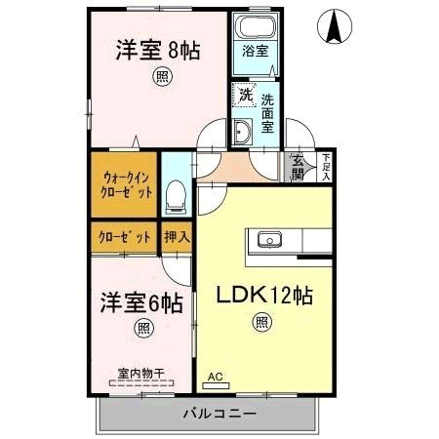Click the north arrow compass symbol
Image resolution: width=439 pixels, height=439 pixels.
[335, 26]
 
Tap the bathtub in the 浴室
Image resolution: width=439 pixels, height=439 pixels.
[256, 27]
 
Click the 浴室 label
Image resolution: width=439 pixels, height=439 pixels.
[256, 51]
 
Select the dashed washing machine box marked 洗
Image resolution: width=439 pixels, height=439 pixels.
[245, 95]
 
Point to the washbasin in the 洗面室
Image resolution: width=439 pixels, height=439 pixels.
[243, 132]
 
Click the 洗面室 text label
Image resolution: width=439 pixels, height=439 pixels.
[267, 113]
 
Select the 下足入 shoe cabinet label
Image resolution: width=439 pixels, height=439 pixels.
[326, 167]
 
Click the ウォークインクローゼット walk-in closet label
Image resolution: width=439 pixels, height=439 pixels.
[126, 185]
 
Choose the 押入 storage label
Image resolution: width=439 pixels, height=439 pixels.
[177, 237]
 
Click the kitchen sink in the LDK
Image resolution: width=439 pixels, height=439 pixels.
[269, 240]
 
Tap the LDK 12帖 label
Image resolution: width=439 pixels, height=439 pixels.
[264, 296]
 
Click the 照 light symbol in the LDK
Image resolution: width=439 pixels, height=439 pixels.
[261, 322]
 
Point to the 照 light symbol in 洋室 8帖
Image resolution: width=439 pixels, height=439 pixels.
[162, 76]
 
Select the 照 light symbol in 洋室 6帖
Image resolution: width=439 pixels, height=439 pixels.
[143, 329]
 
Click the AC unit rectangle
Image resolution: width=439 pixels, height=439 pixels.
[216, 386]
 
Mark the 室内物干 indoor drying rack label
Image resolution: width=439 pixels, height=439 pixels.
[141, 374]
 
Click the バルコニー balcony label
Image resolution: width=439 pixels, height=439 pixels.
[219, 414]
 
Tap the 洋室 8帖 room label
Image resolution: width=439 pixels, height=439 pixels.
[158, 51]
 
